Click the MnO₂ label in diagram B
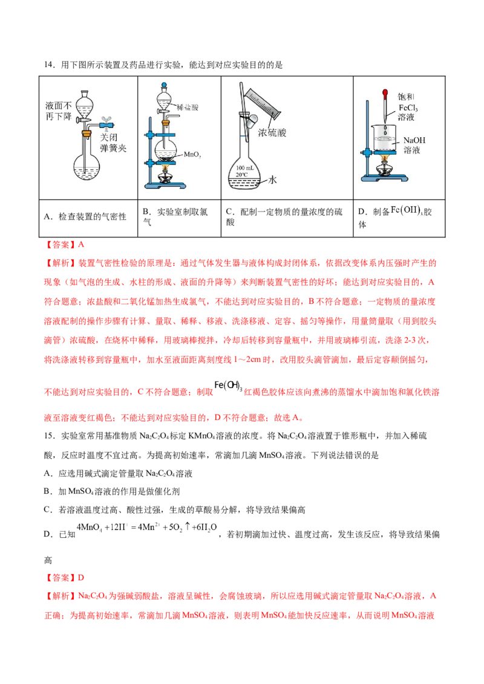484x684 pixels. click(192, 155)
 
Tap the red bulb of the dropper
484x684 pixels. click(385, 94)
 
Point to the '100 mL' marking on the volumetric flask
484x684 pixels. click(244, 168)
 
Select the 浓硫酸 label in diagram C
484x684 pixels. click(272, 132)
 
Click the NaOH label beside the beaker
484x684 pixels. click(414, 140)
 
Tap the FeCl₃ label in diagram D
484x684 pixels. click(408, 108)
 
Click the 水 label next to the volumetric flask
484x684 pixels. click(273, 179)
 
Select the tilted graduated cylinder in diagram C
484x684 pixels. click(263, 104)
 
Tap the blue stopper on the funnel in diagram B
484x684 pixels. click(164, 86)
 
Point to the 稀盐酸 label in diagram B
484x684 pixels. click(188, 108)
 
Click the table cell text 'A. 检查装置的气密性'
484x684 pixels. click(85, 216)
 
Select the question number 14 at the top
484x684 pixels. click(48, 65)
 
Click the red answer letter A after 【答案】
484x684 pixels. click(81, 245)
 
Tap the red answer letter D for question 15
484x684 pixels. click(81, 578)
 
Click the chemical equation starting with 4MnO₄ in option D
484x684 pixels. click(147, 528)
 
